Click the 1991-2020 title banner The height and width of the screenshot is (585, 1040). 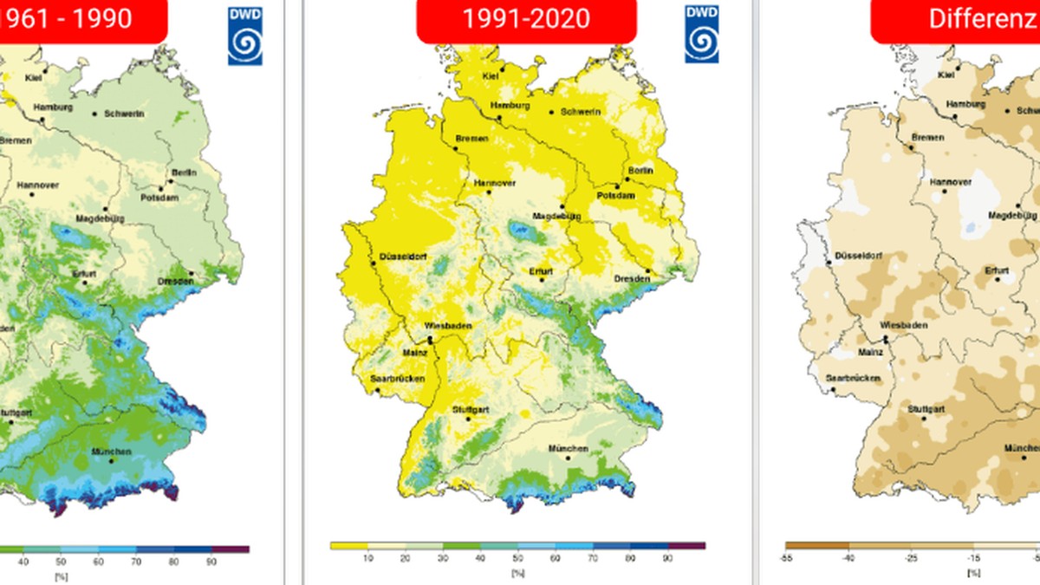coord(526,19)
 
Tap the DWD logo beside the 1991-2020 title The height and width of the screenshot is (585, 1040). coord(700,35)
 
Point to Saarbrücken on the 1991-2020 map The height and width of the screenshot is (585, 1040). coord(395,379)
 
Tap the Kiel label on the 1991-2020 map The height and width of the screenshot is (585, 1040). coord(491,75)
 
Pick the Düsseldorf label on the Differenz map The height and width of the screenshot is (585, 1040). coord(859,257)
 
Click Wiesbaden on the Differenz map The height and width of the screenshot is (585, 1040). coord(903,325)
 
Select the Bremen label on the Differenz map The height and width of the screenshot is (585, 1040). coord(927,138)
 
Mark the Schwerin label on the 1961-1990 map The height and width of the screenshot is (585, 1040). coord(123,114)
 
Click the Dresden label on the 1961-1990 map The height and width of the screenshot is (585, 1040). coord(175,281)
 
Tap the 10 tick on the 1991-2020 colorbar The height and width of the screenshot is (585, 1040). coord(367,558)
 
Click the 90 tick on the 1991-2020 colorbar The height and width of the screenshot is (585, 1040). coord(667,558)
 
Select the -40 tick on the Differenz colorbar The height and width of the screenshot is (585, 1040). coord(849,558)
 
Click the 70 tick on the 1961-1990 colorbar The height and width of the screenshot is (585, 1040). coord(136,562)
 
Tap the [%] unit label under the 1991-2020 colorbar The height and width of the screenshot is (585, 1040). coord(517,572)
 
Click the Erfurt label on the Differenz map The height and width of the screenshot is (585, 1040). coord(997,271)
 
